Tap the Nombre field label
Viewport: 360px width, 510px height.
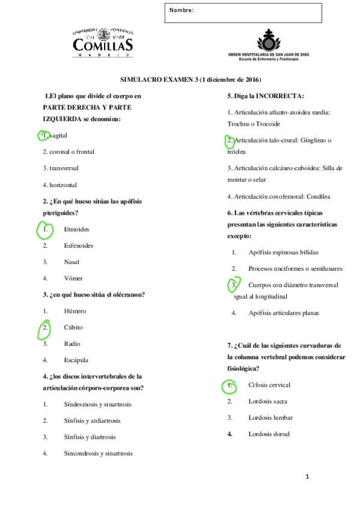coord(182,11)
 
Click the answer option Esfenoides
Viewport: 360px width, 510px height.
coord(78,245)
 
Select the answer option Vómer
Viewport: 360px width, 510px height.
coord(73,278)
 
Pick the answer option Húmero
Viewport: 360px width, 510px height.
coord(75,311)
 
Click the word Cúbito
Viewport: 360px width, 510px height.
coord(73,328)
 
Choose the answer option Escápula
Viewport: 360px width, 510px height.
coord(76,360)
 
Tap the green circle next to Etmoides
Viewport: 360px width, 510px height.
coord(45,229)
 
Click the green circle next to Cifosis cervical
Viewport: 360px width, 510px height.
coord(229,385)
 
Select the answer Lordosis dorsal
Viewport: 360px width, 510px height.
coord(269,434)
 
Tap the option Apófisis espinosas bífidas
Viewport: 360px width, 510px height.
coord(283,253)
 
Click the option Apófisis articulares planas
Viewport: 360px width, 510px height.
coord(284,313)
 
